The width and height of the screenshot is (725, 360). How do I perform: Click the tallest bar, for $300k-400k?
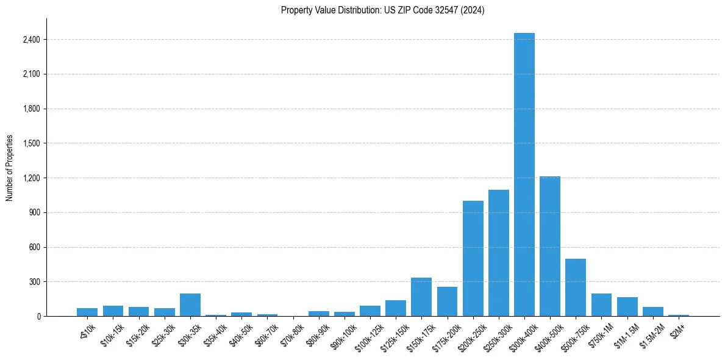click(x=524, y=175)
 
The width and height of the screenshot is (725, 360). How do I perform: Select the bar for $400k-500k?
click(x=550, y=247)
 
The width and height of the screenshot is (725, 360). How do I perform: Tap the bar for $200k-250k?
click(x=473, y=259)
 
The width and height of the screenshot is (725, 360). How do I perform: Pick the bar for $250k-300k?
click(x=498, y=253)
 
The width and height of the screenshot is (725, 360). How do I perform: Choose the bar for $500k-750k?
click(x=576, y=287)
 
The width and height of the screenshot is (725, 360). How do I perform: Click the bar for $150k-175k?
click(x=421, y=297)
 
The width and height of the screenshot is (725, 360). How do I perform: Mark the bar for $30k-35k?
click(x=190, y=305)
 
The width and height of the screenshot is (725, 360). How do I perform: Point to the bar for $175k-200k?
click(x=447, y=301)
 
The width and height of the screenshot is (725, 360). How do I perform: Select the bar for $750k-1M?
click(x=601, y=305)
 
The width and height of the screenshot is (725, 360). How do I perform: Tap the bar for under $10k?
click(x=87, y=312)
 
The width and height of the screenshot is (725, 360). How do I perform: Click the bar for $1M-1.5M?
click(x=627, y=307)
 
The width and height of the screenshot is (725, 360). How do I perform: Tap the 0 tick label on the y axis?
click(x=38, y=317)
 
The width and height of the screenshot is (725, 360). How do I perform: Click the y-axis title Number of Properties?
click(x=10, y=168)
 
